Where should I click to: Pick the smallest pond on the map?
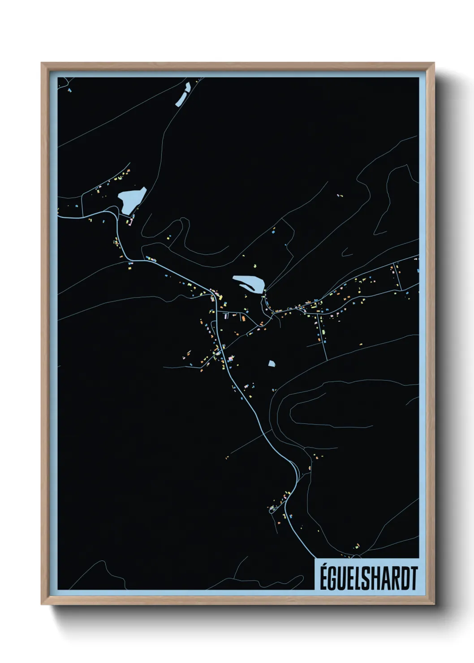pyautogui.click(x=271, y=363)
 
